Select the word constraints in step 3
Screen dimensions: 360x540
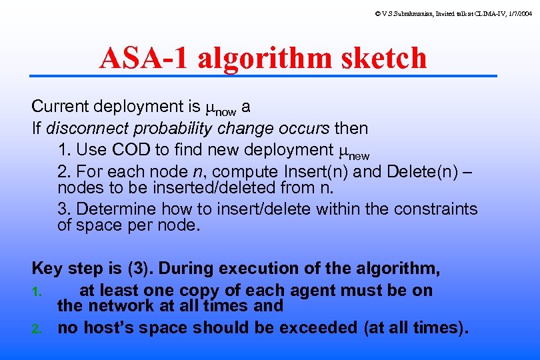435,209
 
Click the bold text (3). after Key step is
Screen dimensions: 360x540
138,269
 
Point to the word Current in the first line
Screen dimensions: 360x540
61,107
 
